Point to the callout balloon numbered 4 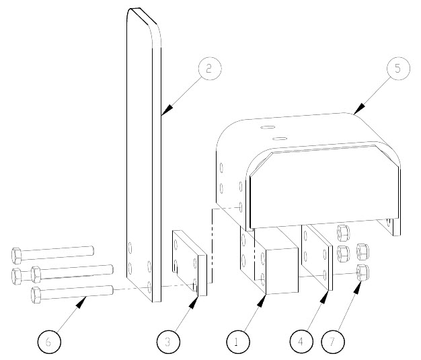click(300, 341)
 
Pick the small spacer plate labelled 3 click(188, 262)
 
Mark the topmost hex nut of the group click(341, 233)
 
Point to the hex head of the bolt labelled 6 click(37, 293)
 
